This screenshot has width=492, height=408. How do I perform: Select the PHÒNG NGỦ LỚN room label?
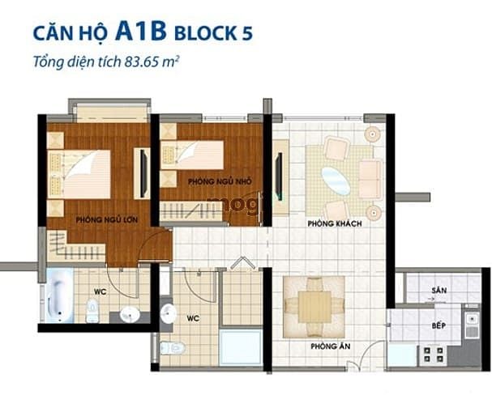pyautogui.click(x=101, y=219)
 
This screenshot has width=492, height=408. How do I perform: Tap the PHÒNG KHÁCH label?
pyautogui.click(x=333, y=223)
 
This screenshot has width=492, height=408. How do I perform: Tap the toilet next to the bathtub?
pyautogui.click(x=92, y=309)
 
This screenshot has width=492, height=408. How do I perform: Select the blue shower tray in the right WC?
pyautogui.click(x=241, y=346)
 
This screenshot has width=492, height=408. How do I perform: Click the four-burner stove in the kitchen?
pyautogui.click(x=434, y=354)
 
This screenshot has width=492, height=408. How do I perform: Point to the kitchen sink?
pyautogui.click(x=472, y=324)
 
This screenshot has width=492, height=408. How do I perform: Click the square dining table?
pyautogui.click(x=314, y=306)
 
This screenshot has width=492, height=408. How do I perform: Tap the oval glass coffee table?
pyautogui.click(x=336, y=180)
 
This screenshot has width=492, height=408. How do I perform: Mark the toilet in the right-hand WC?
pyautogui.click(x=173, y=348)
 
